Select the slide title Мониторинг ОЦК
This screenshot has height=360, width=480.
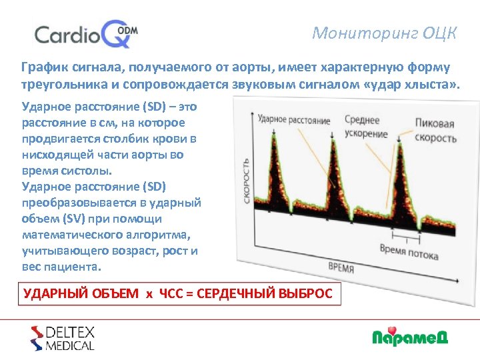click(x=385, y=33)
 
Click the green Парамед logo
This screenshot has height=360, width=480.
click(x=409, y=337)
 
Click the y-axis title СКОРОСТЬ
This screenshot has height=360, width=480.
click(x=247, y=180)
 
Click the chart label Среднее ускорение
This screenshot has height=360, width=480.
click(x=365, y=127)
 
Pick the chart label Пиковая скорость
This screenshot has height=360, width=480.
click(x=435, y=131)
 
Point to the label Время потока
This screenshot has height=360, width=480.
click(x=409, y=251)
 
